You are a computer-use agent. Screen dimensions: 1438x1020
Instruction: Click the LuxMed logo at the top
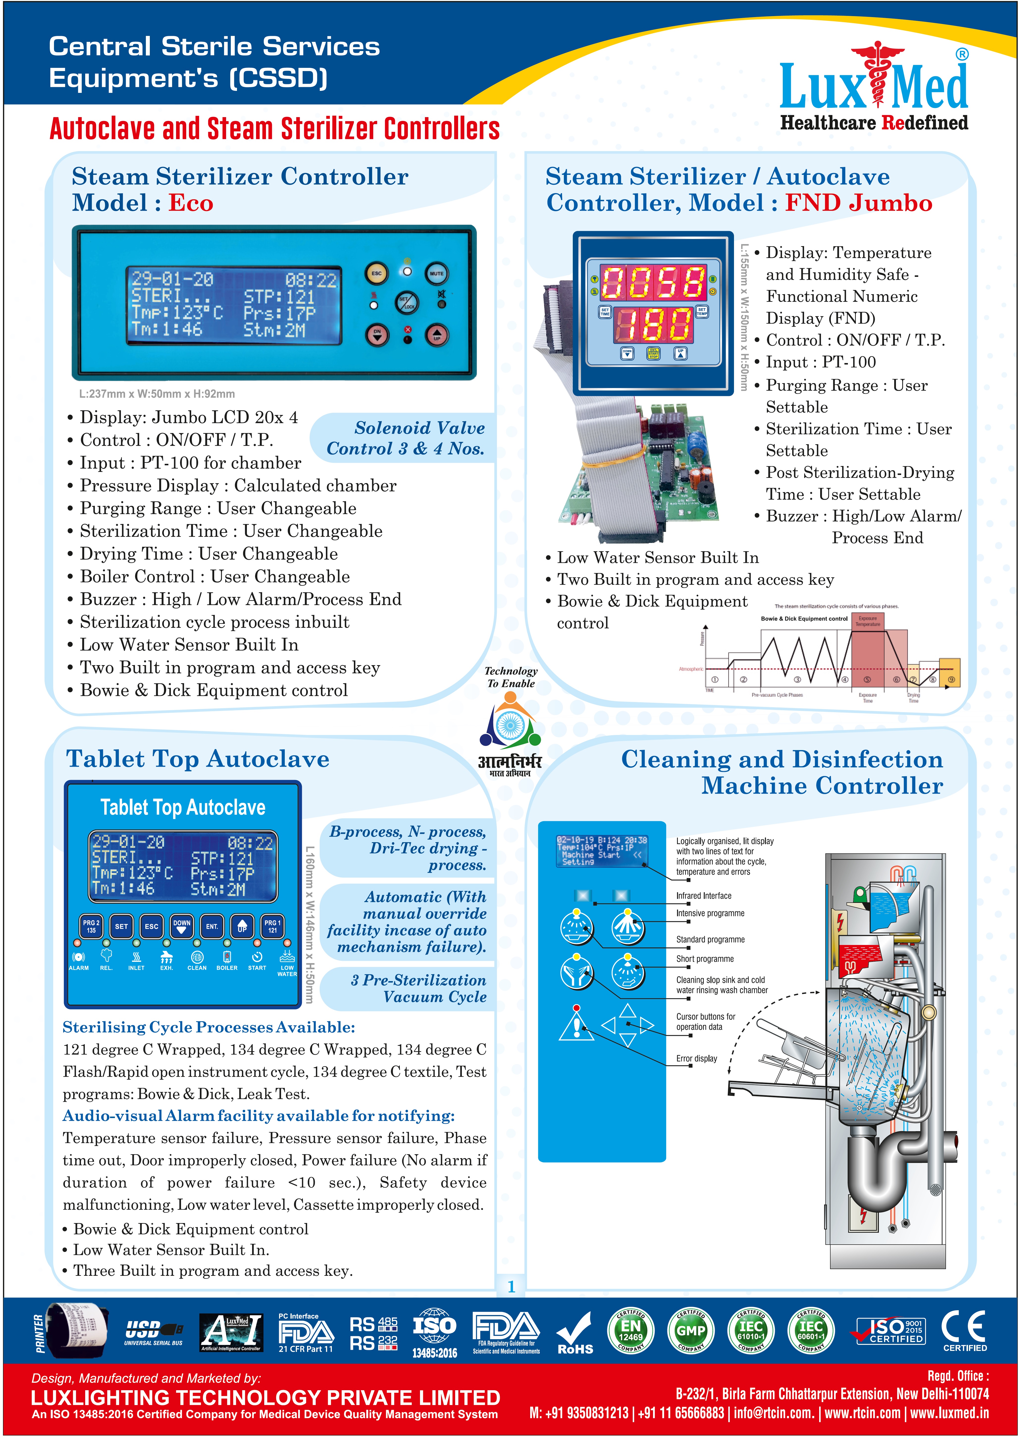(x=873, y=88)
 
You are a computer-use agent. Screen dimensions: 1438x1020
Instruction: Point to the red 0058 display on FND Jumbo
(x=653, y=282)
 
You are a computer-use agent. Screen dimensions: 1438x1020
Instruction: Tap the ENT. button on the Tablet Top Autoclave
(x=212, y=926)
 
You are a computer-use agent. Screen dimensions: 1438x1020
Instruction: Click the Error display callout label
(x=697, y=1059)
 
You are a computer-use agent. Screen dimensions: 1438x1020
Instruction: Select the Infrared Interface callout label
(x=704, y=896)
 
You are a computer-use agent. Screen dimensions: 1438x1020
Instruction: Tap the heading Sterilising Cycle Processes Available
(x=209, y=1027)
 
